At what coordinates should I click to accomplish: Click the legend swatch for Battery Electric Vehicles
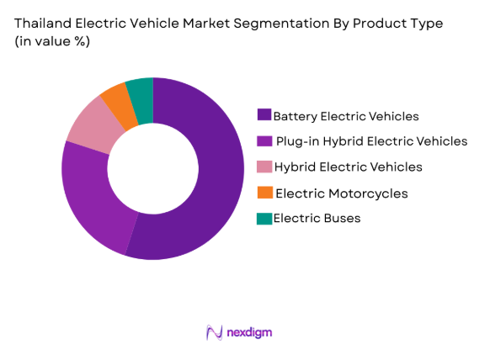[264, 115]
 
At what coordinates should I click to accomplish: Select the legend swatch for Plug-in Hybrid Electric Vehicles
[264, 141]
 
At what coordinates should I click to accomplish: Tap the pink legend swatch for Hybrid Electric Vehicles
[264, 167]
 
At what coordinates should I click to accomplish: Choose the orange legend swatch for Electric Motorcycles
[264, 193]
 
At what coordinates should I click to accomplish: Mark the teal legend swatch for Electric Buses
[264, 219]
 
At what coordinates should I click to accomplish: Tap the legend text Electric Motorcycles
[341, 193]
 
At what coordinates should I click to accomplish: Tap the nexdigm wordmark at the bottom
[249, 332]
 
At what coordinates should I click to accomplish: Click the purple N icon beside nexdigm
[214, 332]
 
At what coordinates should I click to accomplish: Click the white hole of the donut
[153, 168]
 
